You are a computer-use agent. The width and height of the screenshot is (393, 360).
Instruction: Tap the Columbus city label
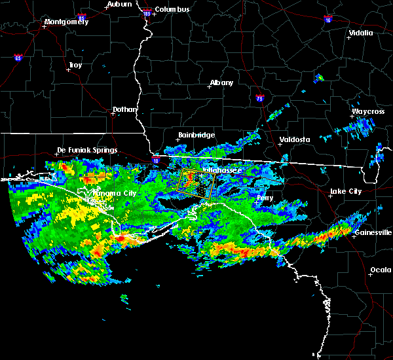pos(172,9)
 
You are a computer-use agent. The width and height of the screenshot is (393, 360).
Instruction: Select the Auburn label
pos(120,4)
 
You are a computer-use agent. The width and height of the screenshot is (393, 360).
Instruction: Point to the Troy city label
pos(75,65)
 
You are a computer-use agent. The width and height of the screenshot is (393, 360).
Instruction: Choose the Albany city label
pos(221,83)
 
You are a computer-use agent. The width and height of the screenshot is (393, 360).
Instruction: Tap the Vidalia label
pos(361,33)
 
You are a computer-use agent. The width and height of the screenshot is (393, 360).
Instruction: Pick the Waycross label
pos(367,111)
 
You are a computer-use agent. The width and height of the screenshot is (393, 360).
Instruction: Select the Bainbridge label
pos(196,135)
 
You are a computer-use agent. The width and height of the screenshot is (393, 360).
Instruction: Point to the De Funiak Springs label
pos(87,150)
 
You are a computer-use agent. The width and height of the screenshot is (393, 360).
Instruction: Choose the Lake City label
pos(345,191)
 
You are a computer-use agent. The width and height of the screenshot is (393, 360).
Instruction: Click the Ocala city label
pos(381,270)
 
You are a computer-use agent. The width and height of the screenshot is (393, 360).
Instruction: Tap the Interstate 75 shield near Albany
pos(260,99)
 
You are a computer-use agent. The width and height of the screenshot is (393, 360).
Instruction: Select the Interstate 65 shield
pos(18,58)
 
